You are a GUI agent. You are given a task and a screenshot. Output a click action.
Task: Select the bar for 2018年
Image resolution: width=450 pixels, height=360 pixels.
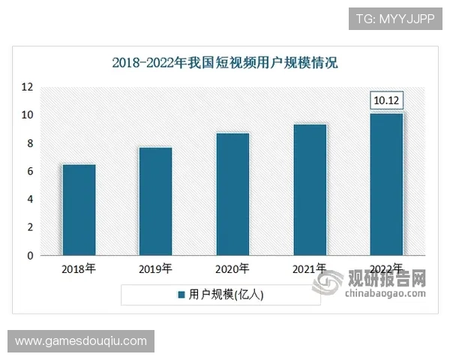79,210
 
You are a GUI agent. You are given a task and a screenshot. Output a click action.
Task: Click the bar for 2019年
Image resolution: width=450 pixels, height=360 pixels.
155,201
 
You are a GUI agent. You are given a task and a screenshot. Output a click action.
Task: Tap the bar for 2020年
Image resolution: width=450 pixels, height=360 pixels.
232,194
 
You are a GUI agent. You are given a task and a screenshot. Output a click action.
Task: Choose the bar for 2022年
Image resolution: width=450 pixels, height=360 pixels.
387,184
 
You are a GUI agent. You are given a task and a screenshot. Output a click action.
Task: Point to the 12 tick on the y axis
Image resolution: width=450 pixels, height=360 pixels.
27,87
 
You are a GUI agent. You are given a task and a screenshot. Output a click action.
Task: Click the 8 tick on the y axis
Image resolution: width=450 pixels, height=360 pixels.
29,143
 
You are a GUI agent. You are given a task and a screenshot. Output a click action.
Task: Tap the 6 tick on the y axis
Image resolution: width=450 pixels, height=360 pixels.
29,172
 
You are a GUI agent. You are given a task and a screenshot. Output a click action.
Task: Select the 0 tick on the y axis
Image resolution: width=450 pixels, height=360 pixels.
29,256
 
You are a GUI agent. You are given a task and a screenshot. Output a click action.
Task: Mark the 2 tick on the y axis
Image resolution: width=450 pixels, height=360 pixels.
29,227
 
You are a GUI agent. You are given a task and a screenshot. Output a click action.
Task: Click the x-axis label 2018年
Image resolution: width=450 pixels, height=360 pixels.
79,268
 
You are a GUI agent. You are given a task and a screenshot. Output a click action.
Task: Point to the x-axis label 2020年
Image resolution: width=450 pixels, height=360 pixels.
232,268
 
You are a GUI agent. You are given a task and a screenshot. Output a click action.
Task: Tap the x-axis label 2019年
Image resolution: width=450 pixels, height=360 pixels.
155,268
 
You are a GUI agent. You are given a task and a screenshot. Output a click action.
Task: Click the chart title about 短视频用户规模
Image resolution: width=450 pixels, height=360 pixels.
225,63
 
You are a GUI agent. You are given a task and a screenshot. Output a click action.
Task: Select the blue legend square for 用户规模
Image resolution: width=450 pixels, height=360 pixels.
181,295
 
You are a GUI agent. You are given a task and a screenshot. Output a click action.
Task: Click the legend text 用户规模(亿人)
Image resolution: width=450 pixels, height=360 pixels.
225,295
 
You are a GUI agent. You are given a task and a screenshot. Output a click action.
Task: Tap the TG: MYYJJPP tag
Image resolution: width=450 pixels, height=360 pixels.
394,18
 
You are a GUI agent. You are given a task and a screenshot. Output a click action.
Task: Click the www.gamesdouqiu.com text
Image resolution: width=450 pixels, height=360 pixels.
81,342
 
